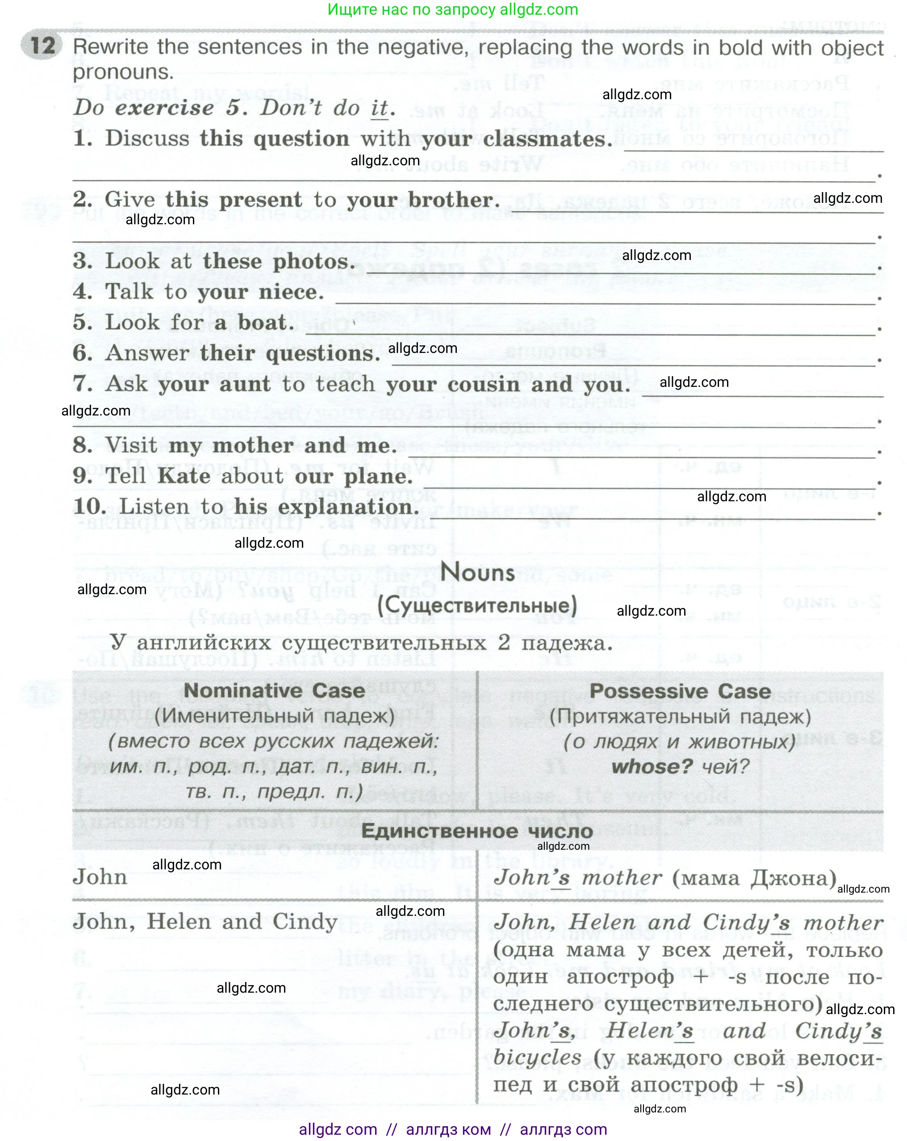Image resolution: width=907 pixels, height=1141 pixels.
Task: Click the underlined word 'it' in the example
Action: (379, 109)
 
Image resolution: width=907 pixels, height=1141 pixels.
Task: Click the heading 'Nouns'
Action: (477, 573)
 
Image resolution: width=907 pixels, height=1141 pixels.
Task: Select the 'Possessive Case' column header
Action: (680, 692)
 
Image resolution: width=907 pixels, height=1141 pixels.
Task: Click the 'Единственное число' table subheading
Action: (477, 831)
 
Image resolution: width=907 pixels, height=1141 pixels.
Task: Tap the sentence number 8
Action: (83, 445)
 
